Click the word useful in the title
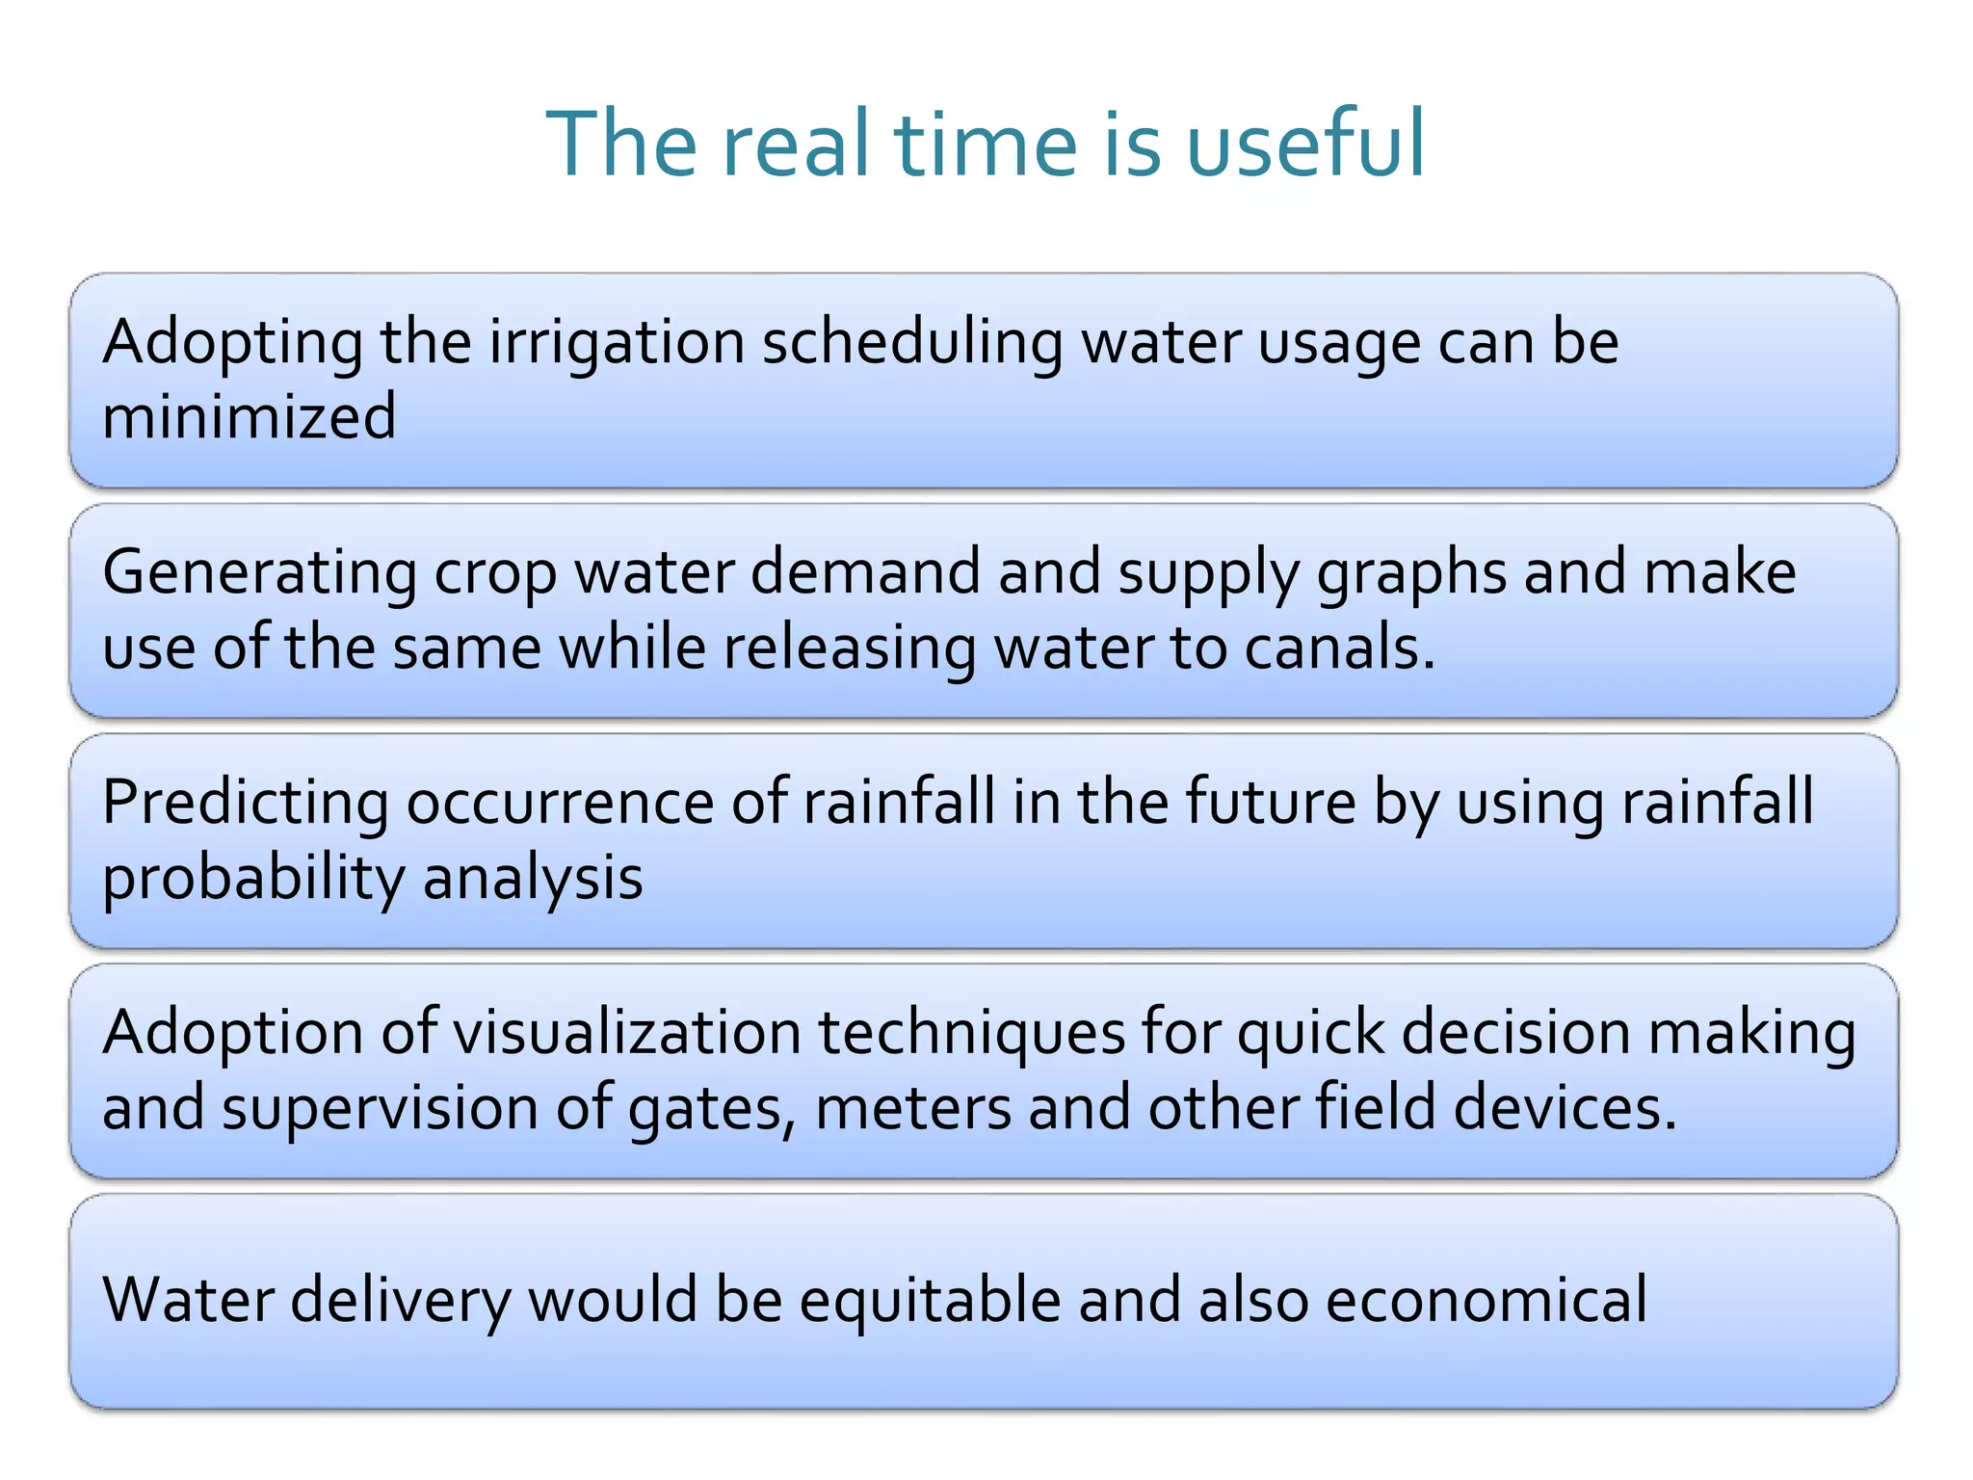(1305, 145)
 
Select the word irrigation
(617, 342)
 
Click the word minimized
(250, 416)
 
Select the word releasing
(850, 648)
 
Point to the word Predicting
(246, 803)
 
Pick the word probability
(254, 879)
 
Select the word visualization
(627, 1033)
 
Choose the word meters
(912, 1108)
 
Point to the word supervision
(380, 1108)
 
